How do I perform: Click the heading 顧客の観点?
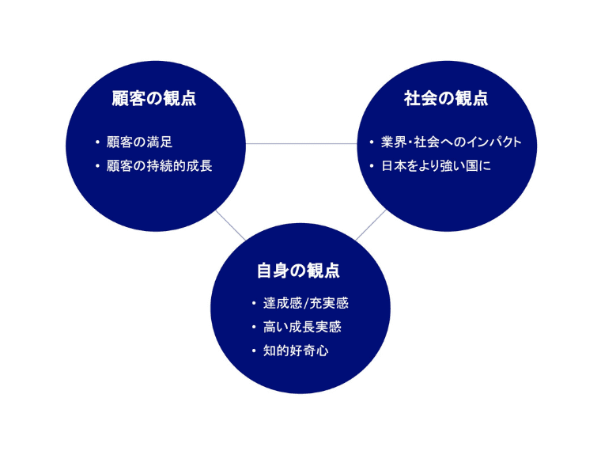pyautogui.click(x=154, y=99)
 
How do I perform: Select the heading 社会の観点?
pyautogui.click(x=446, y=99)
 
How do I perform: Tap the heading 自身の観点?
pyautogui.click(x=298, y=270)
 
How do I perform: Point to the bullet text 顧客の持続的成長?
pyautogui.click(x=159, y=166)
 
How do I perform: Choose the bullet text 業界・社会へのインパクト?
pyautogui.click(x=452, y=142)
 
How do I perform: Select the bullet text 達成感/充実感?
pyautogui.click(x=305, y=303)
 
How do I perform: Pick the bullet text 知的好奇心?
pyautogui.click(x=295, y=350)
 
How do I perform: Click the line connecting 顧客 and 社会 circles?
pyautogui.click(x=301, y=144)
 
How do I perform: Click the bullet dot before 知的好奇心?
pyautogui.click(x=253, y=350)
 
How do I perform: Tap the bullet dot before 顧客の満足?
pyautogui.click(x=97, y=143)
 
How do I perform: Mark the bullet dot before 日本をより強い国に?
pyautogui.click(x=371, y=167)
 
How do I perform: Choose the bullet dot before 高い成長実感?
pyautogui.click(x=253, y=327)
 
